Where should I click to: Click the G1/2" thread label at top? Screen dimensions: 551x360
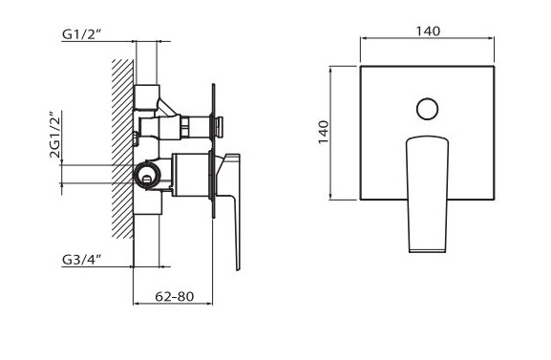point(81,34)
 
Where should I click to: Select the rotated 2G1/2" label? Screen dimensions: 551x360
point(55,135)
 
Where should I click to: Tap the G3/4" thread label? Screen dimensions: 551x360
point(81,260)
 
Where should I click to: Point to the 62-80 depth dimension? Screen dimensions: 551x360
point(175,297)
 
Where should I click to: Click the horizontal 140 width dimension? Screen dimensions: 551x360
point(428,32)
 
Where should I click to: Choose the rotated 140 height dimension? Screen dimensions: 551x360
point(324,132)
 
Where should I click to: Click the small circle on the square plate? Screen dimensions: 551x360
point(427,109)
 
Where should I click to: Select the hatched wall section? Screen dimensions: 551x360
point(122,149)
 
